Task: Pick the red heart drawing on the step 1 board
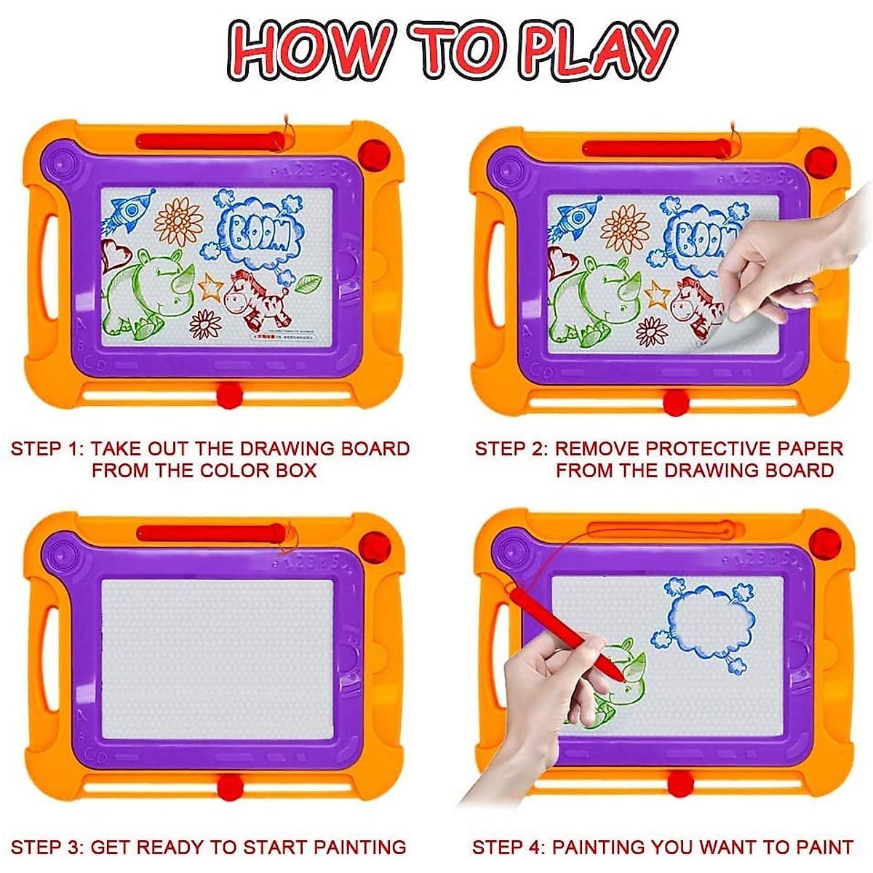point(116,254)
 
